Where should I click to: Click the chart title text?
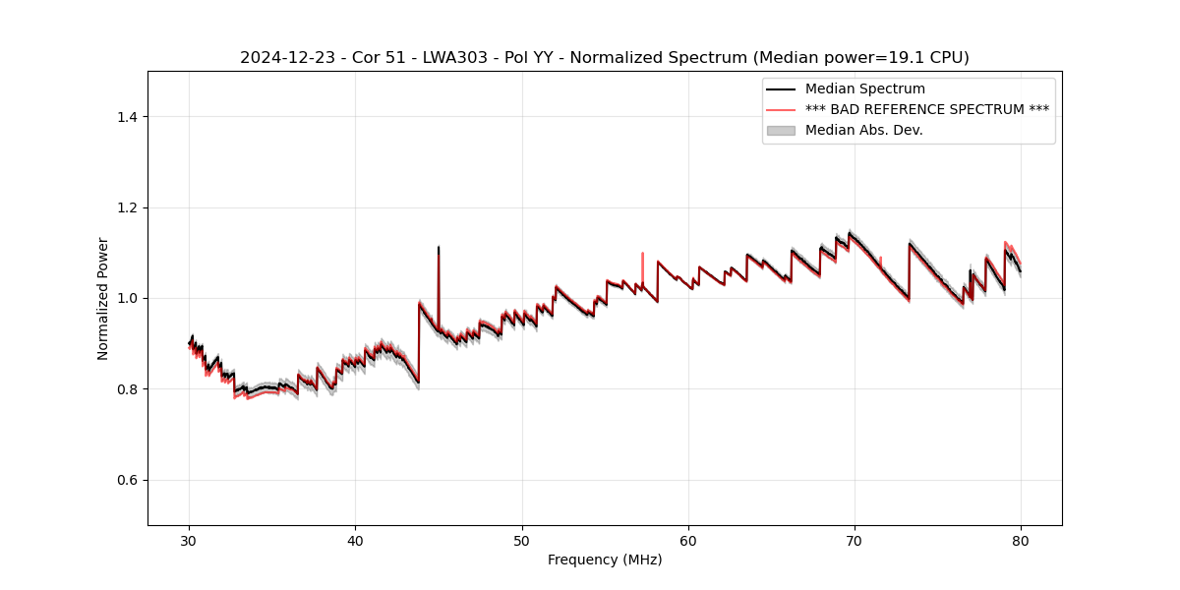pyautogui.click(x=604, y=57)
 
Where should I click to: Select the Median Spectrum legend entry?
pyautogui.click(x=864, y=88)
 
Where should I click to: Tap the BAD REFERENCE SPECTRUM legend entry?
pyautogui.click(x=926, y=109)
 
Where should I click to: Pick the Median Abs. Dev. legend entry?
pyautogui.click(x=863, y=130)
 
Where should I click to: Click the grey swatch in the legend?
pyautogui.click(x=781, y=130)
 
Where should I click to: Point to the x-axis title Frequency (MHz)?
pyautogui.click(x=605, y=560)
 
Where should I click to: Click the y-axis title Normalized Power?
pyautogui.click(x=102, y=298)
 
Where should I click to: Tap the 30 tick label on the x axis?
pyautogui.click(x=189, y=540)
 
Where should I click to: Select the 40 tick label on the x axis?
pyautogui.click(x=355, y=540)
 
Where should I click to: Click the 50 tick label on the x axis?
pyautogui.click(x=521, y=540)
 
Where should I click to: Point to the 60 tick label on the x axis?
pyautogui.click(x=688, y=540)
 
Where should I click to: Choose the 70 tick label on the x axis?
pyautogui.click(x=855, y=540)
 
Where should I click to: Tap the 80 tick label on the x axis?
pyautogui.click(x=1021, y=540)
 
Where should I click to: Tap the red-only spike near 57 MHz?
pyautogui.click(x=642, y=258)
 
